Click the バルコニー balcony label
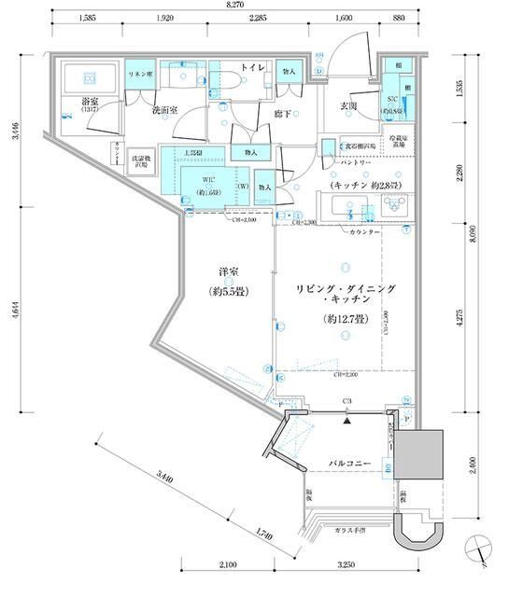click(350, 463)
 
